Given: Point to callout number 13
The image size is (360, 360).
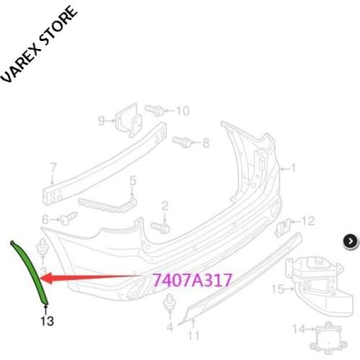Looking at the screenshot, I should pyautogui.click(x=47, y=321).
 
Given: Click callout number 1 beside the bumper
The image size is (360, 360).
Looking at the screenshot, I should pyautogui.click(x=293, y=168).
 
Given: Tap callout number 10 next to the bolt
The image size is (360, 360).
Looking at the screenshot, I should pyautogui.click(x=182, y=111).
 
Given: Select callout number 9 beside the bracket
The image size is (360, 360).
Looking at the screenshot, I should pyautogui.click(x=102, y=120).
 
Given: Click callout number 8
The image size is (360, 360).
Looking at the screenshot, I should pyautogui.click(x=205, y=143).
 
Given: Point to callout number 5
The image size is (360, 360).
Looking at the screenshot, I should pyautogui.click(x=132, y=180).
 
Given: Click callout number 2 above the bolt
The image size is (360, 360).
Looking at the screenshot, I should pyautogui.click(x=165, y=206).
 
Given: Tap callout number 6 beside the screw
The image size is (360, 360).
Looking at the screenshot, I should pyautogui.click(x=45, y=219).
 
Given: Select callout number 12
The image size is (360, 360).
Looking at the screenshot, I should pyautogui.click(x=308, y=220).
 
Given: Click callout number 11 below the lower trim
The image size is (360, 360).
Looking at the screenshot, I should pyautogui.click(x=192, y=336).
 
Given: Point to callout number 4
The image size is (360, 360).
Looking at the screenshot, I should pyautogui.click(x=170, y=326).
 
